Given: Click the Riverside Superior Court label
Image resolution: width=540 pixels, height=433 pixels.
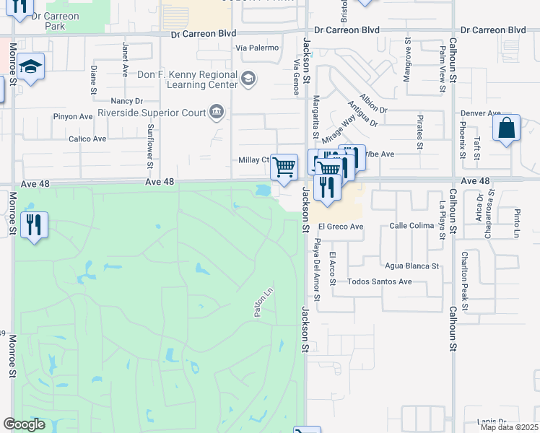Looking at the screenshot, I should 150,113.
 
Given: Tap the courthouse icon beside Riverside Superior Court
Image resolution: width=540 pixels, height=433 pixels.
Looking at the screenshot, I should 216,111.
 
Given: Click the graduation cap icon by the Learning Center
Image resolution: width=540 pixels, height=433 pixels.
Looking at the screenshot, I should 248,78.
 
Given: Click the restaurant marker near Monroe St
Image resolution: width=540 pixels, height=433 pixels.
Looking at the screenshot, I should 33,224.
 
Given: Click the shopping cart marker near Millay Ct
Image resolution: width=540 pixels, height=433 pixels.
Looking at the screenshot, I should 284,167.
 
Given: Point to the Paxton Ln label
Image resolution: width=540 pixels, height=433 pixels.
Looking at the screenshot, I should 262,302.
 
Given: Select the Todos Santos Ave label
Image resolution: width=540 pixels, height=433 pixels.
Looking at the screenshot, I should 379,281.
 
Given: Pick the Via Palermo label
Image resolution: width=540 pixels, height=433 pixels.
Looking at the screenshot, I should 256,48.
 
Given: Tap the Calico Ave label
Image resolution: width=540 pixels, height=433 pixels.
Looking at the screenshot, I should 87,139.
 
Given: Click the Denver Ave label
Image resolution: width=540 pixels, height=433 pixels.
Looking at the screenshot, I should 481,113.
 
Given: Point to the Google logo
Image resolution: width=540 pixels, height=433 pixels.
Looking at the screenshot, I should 24,424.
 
